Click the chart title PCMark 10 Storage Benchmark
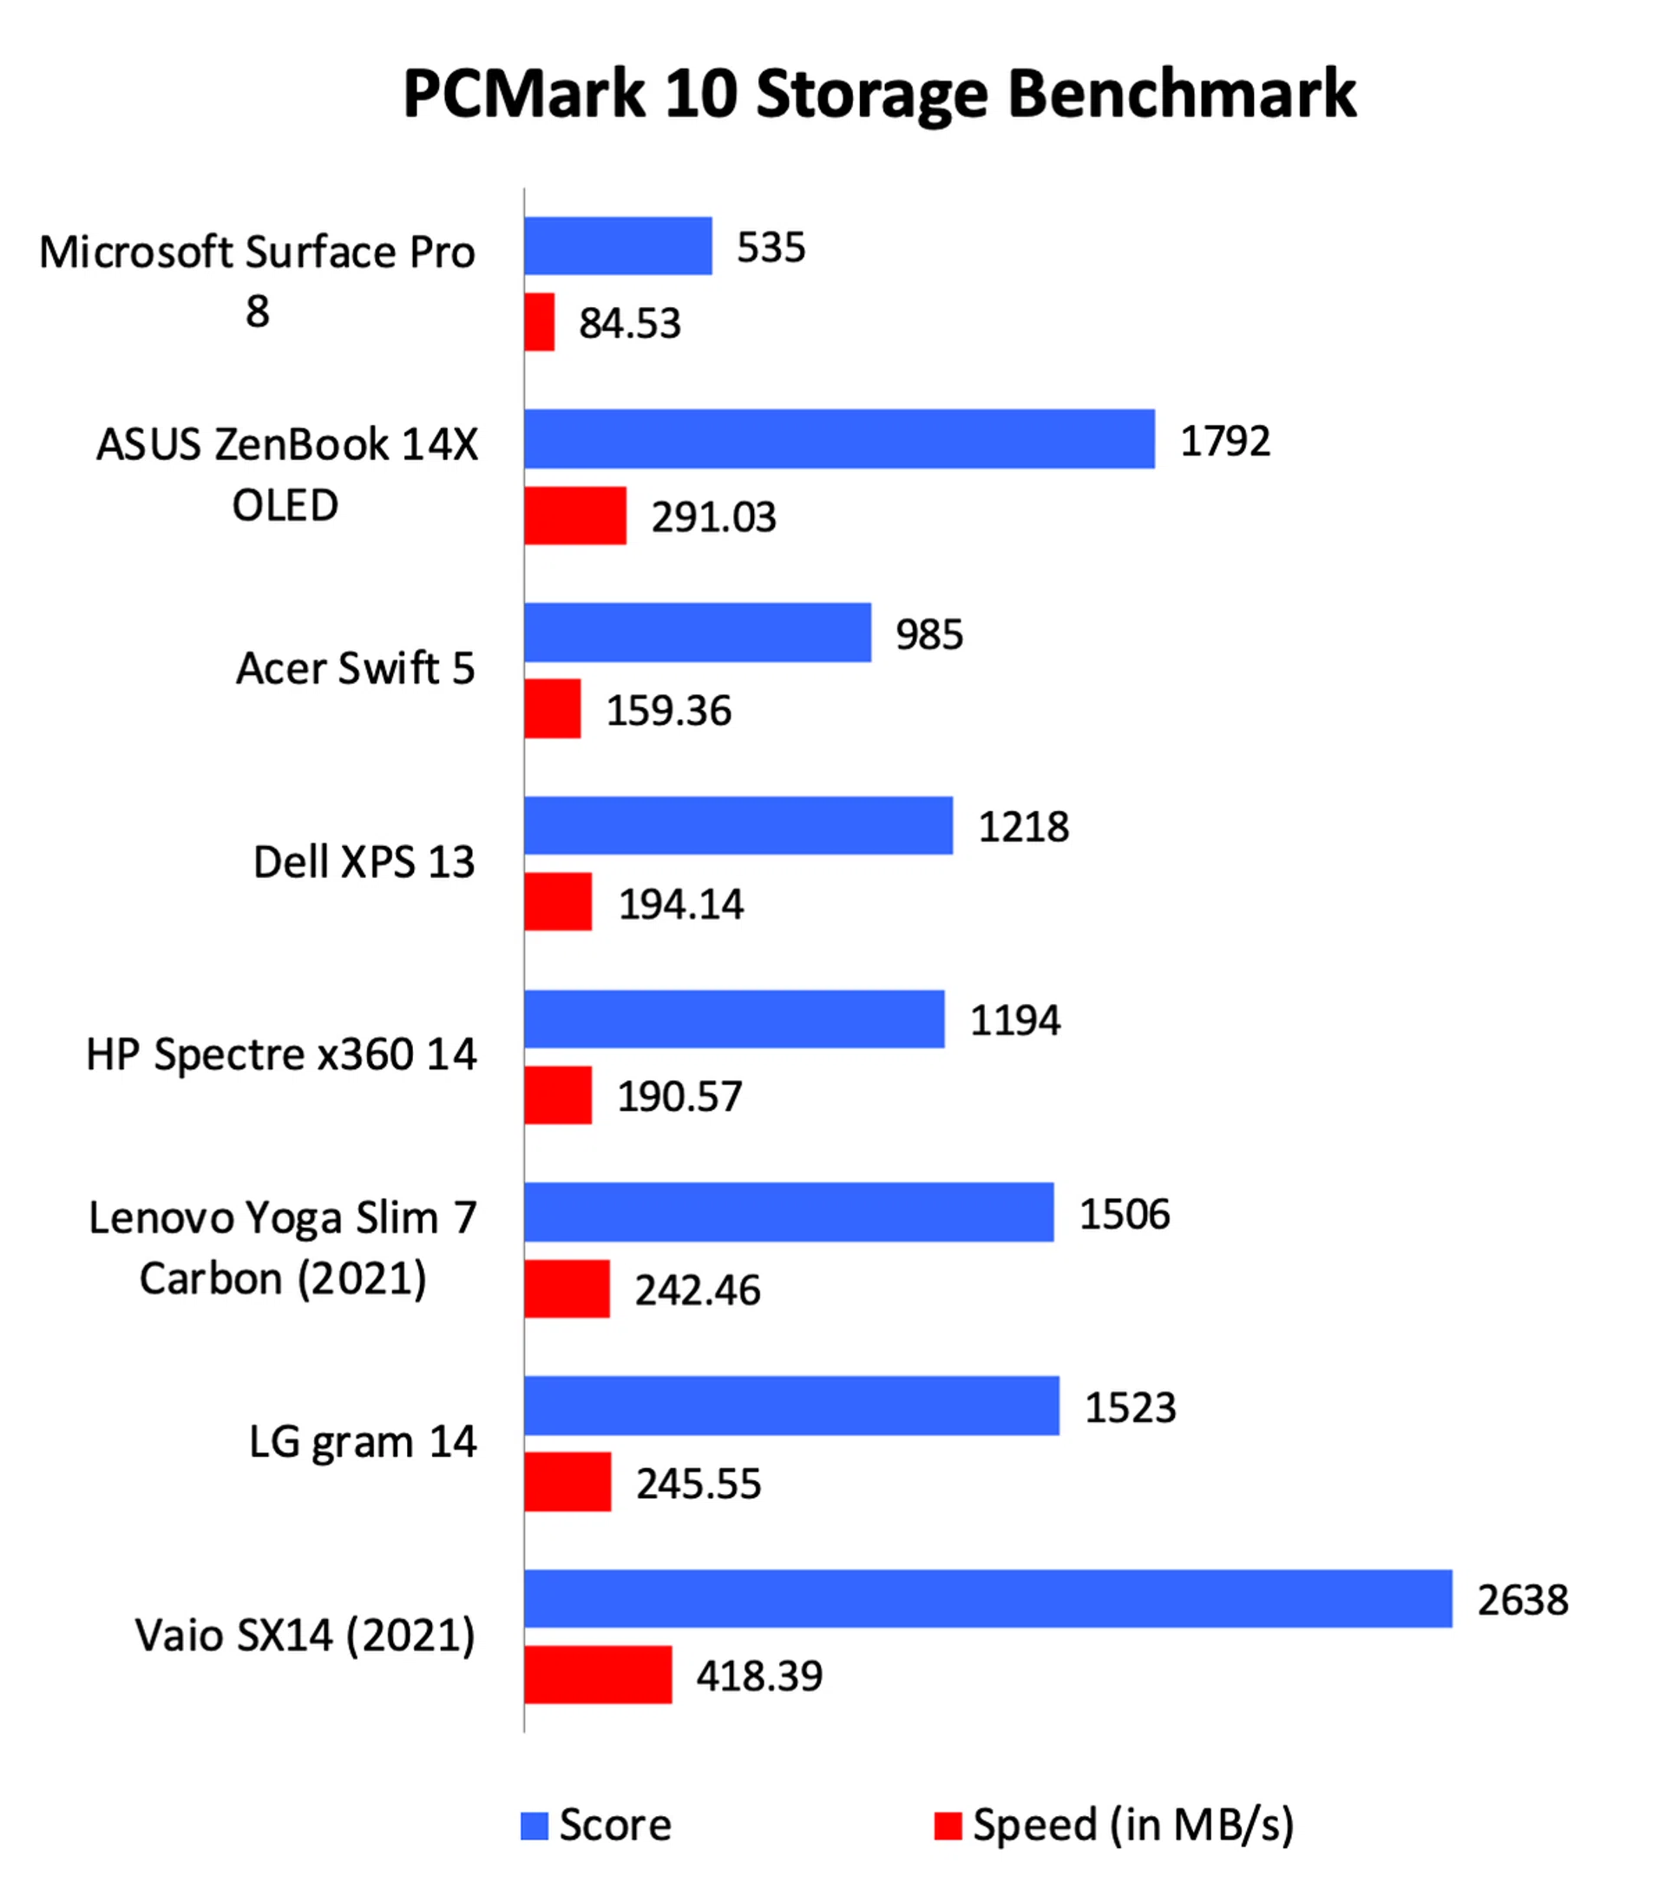click(879, 95)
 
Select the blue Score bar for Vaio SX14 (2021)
click(987, 1598)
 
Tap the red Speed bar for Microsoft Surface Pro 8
click(539, 323)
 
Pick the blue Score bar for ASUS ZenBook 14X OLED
click(839, 438)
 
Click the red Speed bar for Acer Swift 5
click(553, 709)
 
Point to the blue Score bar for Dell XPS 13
click(738, 825)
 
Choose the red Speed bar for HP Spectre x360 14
click(557, 1095)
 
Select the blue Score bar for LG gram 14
click(790, 1406)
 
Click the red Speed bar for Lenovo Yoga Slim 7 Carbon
click(567, 1288)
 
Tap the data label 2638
click(1522, 1600)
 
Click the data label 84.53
click(629, 324)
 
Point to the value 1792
click(1224, 442)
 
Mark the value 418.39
click(759, 1676)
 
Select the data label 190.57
click(679, 1097)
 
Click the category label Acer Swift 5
click(355, 668)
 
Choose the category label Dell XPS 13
click(364, 862)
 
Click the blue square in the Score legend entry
click(534, 1826)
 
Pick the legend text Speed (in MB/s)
click(1132, 1825)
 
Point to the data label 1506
click(1125, 1215)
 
